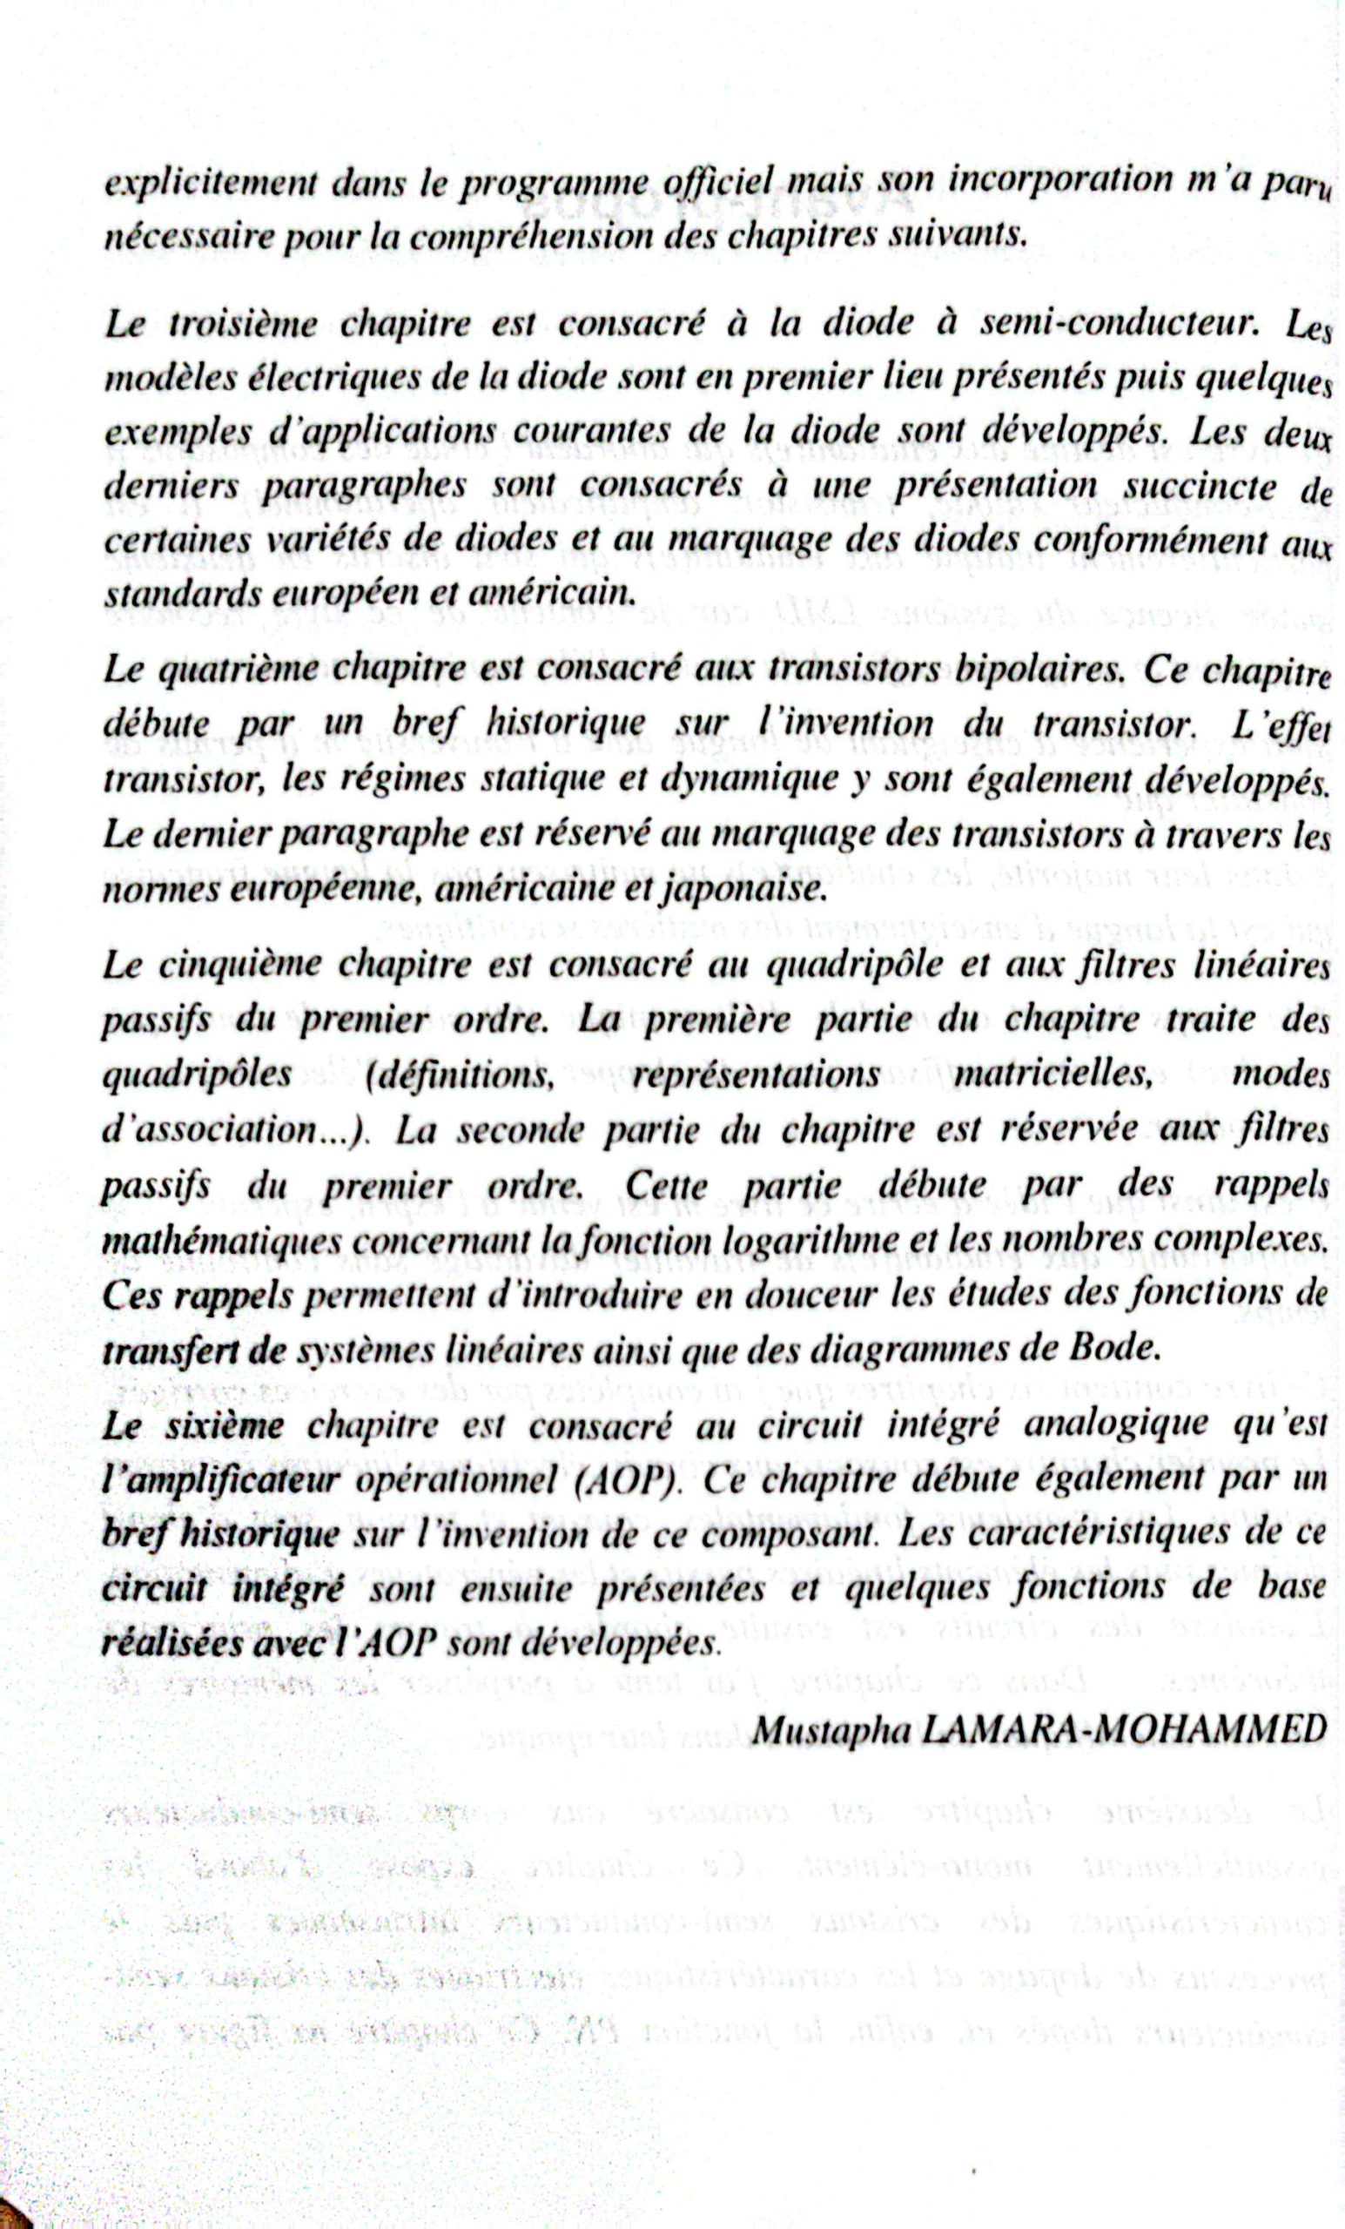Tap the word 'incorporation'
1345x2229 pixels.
pos(1059,180)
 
